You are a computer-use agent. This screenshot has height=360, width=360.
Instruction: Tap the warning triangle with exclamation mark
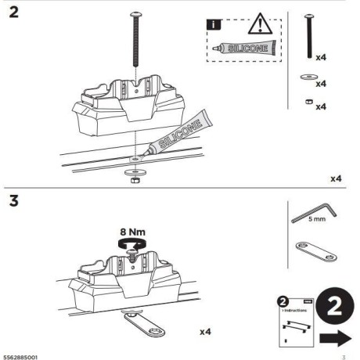pos(258,25)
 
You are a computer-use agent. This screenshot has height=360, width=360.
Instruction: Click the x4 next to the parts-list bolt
pos(320,57)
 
